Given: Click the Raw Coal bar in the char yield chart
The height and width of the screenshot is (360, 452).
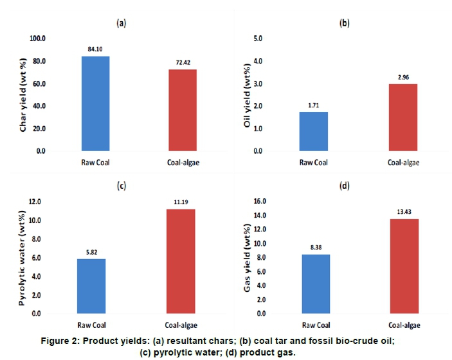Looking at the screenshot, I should tap(96, 104).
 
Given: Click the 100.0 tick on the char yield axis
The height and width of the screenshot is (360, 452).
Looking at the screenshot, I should tap(39, 39).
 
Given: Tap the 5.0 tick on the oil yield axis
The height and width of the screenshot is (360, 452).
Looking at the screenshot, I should tap(258, 39).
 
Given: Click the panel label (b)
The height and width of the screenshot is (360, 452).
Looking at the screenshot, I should tap(344, 23).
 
